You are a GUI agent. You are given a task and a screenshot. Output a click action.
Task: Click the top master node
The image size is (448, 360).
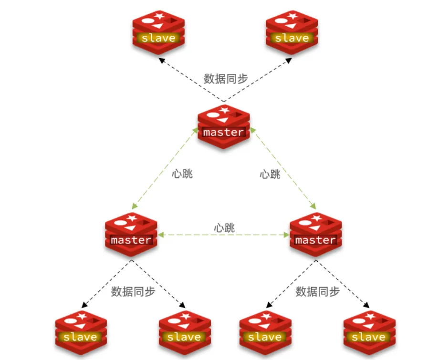[x=223, y=126]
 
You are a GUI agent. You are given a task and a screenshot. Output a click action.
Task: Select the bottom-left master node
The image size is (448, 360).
[x=131, y=234]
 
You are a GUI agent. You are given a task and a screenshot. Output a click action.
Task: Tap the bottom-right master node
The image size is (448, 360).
[x=315, y=234]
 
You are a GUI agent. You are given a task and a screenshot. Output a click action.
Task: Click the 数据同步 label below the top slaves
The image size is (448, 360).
[x=226, y=79]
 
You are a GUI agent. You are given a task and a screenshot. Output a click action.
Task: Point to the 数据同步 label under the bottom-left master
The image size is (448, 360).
[x=133, y=291]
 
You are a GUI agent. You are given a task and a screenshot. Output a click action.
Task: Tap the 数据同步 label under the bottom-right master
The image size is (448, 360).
[x=317, y=291]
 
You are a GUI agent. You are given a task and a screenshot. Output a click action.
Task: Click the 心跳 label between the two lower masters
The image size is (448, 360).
[x=224, y=227]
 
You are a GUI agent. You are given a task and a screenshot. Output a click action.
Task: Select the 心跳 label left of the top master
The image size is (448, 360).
[x=182, y=174]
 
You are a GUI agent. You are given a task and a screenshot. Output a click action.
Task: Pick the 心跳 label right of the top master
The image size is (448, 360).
[x=270, y=174]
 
